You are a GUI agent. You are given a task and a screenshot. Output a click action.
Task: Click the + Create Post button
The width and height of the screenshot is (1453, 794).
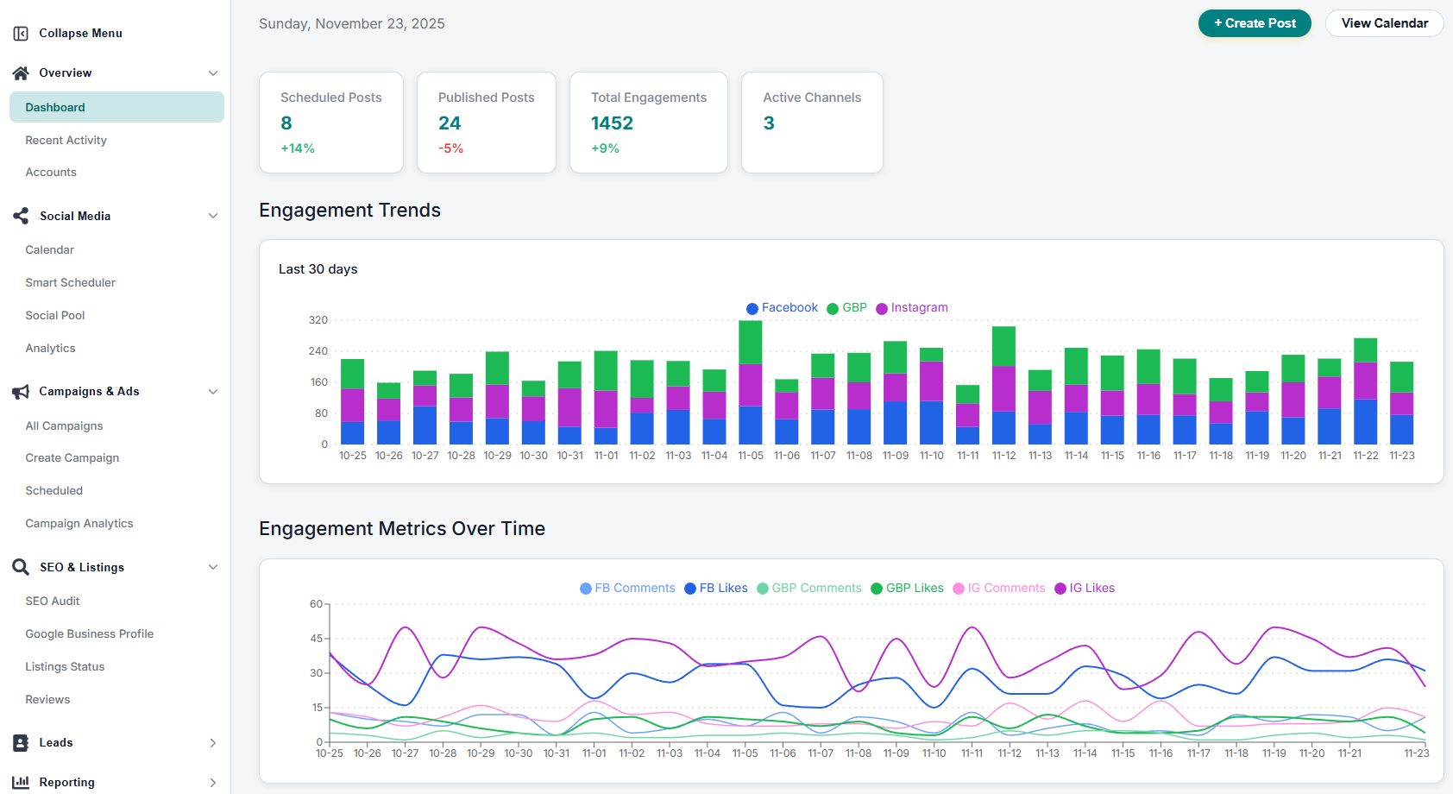[1254, 23]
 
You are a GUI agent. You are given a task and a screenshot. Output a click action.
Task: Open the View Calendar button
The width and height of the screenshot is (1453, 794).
[1384, 23]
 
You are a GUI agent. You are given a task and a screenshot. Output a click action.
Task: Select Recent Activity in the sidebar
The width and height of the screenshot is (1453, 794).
[66, 140]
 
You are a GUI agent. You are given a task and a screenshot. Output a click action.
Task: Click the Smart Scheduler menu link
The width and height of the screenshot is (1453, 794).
[70, 282]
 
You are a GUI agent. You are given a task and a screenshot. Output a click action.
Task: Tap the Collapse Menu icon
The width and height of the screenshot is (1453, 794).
[21, 34]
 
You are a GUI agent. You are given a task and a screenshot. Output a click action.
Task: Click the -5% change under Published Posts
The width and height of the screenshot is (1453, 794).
[450, 148]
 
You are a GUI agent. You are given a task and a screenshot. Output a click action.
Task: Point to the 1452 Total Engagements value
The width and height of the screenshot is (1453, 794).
[612, 123]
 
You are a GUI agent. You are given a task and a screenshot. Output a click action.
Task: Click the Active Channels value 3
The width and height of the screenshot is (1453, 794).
[769, 123]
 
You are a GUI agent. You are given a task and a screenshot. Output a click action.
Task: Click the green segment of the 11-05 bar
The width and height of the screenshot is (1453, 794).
[751, 342]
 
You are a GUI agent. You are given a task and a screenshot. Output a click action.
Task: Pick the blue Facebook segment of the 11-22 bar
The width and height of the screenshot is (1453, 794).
[1365, 422]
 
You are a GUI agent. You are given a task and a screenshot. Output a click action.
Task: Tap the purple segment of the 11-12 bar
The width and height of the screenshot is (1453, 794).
[1003, 388]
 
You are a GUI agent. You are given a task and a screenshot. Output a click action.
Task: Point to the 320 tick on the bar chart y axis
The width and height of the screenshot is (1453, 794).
[318, 320]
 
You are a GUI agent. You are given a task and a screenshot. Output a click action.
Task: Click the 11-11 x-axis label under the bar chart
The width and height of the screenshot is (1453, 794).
[967, 456]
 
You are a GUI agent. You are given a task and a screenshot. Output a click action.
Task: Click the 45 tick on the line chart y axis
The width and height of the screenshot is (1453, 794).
[316, 639]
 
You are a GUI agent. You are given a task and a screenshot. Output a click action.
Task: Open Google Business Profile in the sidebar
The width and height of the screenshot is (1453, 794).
[89, 633]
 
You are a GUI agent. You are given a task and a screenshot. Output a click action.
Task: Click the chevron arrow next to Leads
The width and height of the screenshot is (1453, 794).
[212, 743]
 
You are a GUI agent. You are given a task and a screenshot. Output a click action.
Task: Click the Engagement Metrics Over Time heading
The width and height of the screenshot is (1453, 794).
[402, 528]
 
